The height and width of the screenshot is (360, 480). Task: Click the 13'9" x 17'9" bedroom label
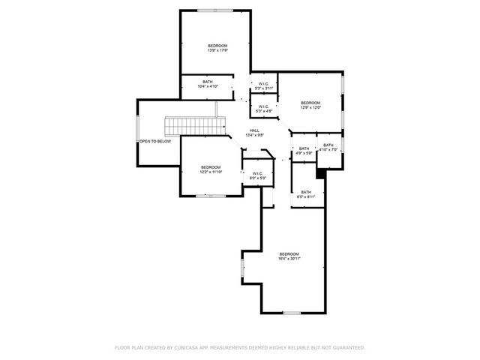pyautogui.click(x=217, y=49)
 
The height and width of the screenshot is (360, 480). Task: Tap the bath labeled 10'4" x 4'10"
pyautogui.click(x=208, y=84)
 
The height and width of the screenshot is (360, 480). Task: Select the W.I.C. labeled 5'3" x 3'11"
pyautogui.click(x=264, y=85)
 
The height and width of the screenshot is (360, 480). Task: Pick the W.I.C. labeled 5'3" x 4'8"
pyautogui.click(x=264, y=109)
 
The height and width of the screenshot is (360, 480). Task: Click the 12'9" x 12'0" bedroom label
pyautogui.click(x=310, y=105)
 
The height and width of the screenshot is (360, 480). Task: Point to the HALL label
pyautogui.click(x=256, y=133)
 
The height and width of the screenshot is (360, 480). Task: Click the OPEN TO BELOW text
pyautogui.click(x=155, y=141)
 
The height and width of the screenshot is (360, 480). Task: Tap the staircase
pyautogui.click(x=196, y=125)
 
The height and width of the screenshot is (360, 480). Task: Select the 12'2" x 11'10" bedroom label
pyautogui.click(x=210, y=169)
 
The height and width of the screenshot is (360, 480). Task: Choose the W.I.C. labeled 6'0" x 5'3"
pyautogui.click(x=256, y=175)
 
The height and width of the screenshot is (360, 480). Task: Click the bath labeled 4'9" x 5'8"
pyautogui.click(x=304, y=150)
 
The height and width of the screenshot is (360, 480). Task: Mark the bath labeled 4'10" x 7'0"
pyautogui.click(x=328, y=147)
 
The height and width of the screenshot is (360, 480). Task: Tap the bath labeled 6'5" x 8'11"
pyautogui.click(x=306, y=194)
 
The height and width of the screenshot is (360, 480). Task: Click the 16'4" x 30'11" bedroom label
pyautogui.click(x=289, y=256)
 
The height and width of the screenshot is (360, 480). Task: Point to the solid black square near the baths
pyautogui.click(x=321, y=173)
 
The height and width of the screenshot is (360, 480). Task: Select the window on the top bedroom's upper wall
pyautogui.click(x=214, y=10)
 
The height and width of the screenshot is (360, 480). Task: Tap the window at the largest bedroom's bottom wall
pyautogui.click(x=291, y=312)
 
